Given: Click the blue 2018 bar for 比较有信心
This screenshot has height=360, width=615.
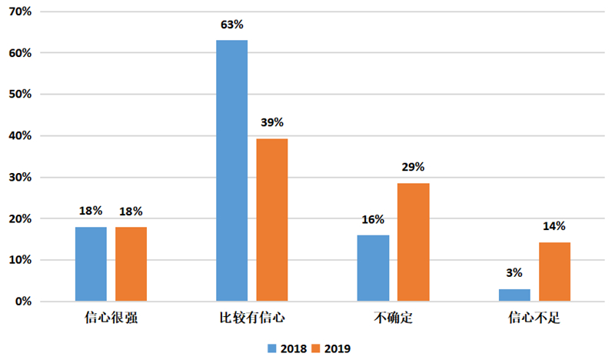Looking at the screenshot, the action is click(232, 171).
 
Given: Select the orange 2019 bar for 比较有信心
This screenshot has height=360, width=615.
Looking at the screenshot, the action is click(272, 220).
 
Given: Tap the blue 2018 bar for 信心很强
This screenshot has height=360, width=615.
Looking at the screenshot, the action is click(91, 264).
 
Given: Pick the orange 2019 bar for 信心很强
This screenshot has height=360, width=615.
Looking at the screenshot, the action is click(131, 264).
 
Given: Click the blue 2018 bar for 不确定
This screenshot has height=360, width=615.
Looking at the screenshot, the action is click(373, 268).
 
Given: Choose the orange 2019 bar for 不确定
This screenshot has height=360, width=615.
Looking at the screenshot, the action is click(414, 242).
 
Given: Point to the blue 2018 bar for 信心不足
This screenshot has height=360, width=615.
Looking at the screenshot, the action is click(514, 295).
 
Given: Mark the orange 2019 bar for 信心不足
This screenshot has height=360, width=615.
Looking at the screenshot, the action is click(554, 272).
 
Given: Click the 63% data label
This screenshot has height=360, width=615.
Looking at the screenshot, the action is click(232, 25).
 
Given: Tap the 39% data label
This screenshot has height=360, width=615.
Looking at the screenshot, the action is click(272, 122).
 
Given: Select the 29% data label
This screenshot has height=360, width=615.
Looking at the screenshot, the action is click(413, 167).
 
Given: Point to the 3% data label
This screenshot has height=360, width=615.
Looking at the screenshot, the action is click(514, 273).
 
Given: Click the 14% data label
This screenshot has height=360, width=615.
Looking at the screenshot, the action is click(554, 226).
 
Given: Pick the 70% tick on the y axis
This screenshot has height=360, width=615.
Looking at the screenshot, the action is click(20, 12).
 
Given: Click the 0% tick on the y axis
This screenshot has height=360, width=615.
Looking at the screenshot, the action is click(24, 302).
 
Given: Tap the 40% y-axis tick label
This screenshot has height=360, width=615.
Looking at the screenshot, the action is click(20, 136).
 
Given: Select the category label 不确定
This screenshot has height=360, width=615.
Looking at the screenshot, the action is click(394, 317).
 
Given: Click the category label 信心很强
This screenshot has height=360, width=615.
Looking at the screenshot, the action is click(111, 317).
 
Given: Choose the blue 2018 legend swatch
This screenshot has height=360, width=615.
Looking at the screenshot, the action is click(272, 348).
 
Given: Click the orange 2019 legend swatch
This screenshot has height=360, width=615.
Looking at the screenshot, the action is click(316, 348).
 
